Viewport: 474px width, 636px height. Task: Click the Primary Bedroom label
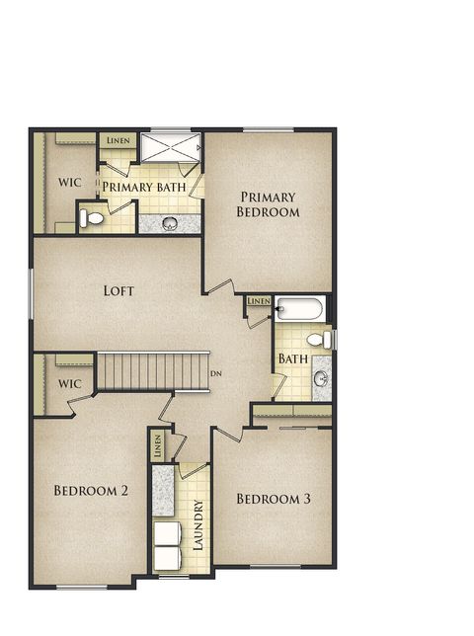[268, 203]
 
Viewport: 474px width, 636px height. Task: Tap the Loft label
[118, 291]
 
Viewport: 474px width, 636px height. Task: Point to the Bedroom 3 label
[274, 500]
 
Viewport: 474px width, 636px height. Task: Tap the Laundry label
[197, 524]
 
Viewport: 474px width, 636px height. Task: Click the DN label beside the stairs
[216, 373]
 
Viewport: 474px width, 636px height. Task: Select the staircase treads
[153, 371]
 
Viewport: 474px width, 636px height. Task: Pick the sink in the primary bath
[169, 222]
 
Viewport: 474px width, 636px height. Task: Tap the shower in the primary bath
[170, 148]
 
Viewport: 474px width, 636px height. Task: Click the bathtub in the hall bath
[299, 309]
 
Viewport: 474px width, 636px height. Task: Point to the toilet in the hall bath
[318, 340]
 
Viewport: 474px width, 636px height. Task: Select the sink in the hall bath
[321, 378]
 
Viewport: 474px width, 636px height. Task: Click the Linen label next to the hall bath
[259, 300]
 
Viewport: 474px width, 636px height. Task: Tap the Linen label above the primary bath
[118, 141]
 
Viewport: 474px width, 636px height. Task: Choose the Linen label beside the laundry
[157, 446]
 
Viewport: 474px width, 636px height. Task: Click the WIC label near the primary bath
[69, 183]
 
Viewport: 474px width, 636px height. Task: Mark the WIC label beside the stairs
[69, 383]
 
